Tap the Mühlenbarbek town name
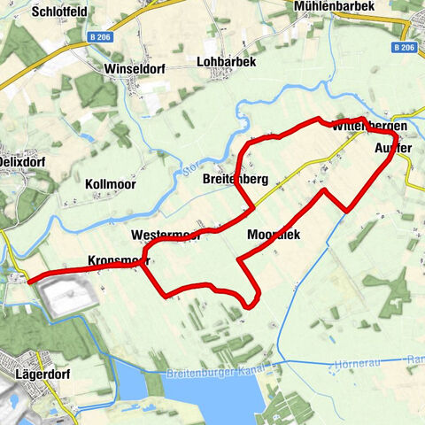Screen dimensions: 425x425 coord(334,6)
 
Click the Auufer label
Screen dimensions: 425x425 coord(395,147)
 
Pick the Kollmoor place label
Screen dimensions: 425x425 coord(112,184)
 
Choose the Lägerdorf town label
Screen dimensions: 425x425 coord(43,375)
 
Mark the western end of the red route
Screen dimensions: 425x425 coord(30,282)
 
